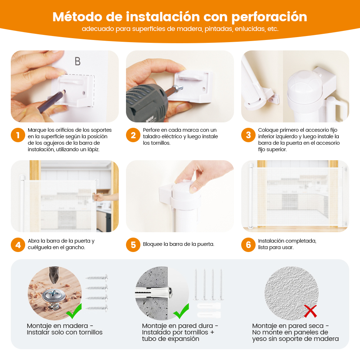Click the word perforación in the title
pyautogui.click(x=269, y=17)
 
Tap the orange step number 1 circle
pyautogui.click(x=18, y=135)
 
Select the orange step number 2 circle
pyautogui.click(x=133, y=135)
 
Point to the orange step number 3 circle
pyautogui.click(x=248, y=135)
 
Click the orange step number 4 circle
pyautogui.click(x=18, y=245)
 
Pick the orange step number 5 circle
pyautogui.click(x=133, y=245)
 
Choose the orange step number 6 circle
pyautogui.click(x=248, y=245)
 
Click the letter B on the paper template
pyautogui.click(x=78, y=61)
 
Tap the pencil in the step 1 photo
pyautogui.click(x=51, y=102)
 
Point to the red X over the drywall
pyautogui.click(x=310, y=311)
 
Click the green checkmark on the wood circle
pyautogui.click(x=74, y=311)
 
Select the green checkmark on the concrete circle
pyautogui.click(x=181, y=311)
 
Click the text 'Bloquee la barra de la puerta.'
pyautogui.click(x=179, y=244)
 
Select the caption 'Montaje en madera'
pyautogui.click(x=57, y=326)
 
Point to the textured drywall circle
pyautogui.click(x=292, y=293)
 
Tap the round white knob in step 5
pyautogui.click(x=185, y=190)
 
